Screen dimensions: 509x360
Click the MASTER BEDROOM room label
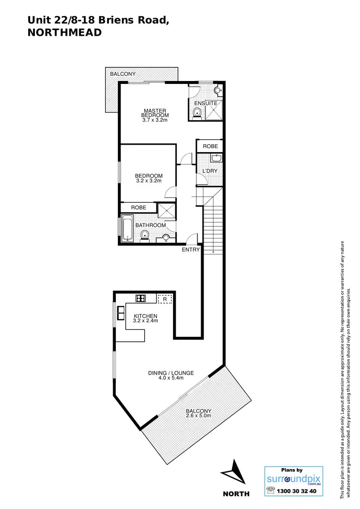click(x=155, y=113)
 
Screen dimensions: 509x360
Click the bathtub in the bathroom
click(x=127, y=228)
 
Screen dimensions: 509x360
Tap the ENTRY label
click(x=191, y=249)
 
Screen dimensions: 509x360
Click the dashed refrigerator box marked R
click(x=165, y=298)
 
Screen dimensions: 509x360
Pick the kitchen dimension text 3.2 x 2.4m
click(x=146, y=321)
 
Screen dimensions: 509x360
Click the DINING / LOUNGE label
click(x=171, y=373)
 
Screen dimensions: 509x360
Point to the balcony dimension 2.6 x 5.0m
click(x=198, y=416)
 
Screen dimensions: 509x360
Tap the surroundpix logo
click(x=294, y=479)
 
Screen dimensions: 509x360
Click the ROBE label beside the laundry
click(x=210, y=147)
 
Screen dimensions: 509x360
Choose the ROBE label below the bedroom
click(x=138, y=207)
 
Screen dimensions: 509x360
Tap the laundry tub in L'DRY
click(x=215, y=158)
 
